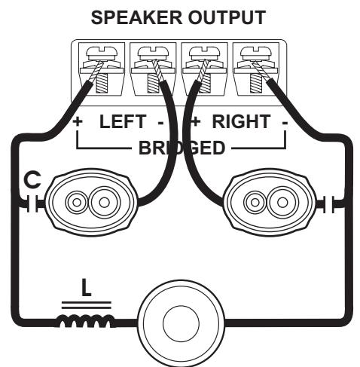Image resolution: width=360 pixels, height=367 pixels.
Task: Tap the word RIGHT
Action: click(237, 121)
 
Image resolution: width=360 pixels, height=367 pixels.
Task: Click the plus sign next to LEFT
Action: click(78, 121)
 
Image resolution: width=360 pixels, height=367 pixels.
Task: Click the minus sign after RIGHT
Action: click(284, 121)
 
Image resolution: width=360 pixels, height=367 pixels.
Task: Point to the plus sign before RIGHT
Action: click(194, 121)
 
